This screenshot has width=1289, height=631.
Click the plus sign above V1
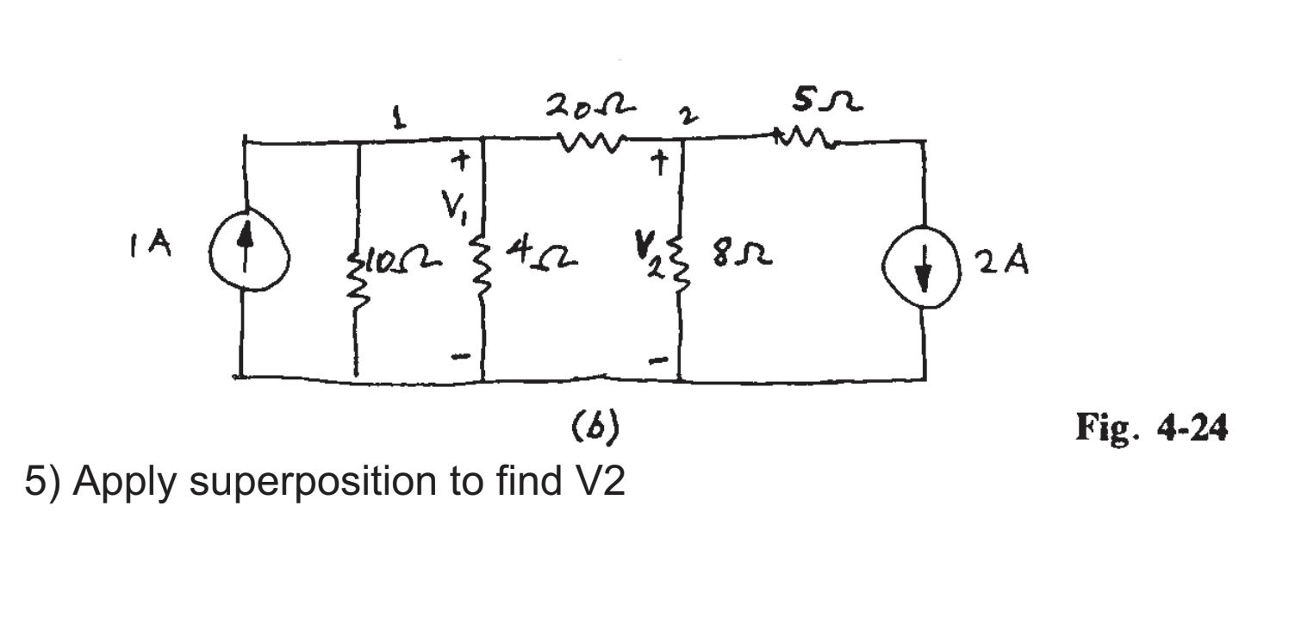pos(461,160)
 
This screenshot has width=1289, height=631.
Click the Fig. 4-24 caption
pos(1151,428)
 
